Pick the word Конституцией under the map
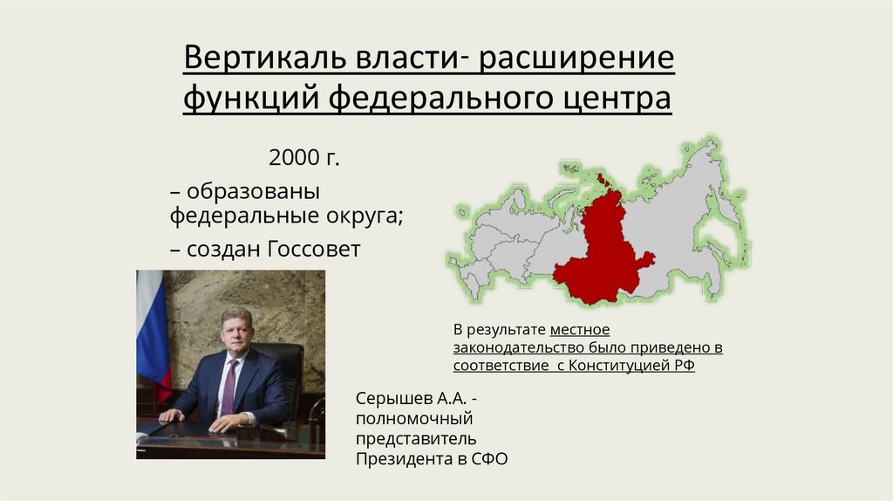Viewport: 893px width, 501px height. pos(619,366)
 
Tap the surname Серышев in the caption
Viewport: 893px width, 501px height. pos(392,398)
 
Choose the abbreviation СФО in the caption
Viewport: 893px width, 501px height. pos(487,458)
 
